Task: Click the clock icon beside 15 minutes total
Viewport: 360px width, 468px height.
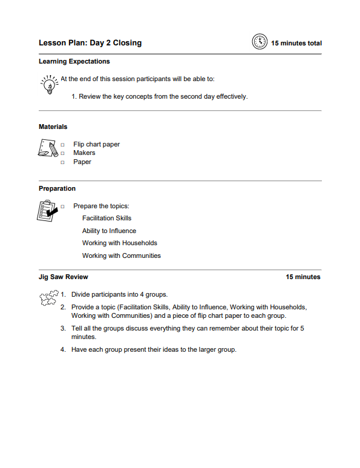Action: pos(259,42)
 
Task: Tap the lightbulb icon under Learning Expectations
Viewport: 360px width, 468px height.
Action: pos(48,84)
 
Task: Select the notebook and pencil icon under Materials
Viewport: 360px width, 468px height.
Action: pos(47,148)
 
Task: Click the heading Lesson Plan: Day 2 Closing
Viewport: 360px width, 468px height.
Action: pos(90,43)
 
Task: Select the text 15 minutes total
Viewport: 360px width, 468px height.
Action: pos(296,44)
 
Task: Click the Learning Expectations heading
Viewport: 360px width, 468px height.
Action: pos(74,62)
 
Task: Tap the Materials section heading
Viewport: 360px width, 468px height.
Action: pos(53,127)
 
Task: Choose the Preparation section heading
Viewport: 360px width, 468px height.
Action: pos(57,189)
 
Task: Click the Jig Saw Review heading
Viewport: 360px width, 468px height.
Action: pos(64,277)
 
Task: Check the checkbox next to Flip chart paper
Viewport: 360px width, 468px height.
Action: pos(62,145)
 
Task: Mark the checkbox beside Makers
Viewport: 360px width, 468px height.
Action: pos(62,154)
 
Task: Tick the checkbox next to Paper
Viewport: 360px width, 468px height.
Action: pos(62,163)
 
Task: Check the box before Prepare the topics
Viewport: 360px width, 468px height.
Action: pos(62,207)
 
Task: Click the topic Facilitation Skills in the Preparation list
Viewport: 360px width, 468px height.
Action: pos(106,219)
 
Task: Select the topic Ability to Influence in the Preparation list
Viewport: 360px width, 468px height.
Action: pos(109,231)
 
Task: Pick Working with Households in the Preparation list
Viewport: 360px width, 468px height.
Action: pos(119,243)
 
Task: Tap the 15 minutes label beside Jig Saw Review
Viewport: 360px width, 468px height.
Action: pos(303,277)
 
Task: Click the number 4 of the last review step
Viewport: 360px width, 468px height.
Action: pos(63,350)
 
